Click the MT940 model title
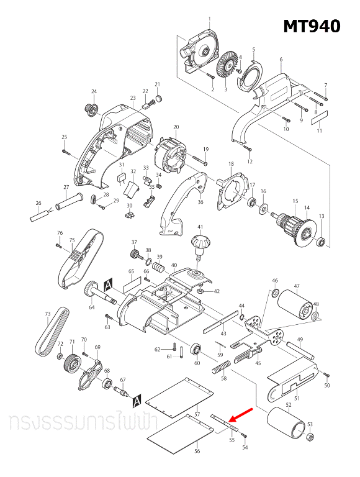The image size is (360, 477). coord(312,27)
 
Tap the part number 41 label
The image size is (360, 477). coord(200,227)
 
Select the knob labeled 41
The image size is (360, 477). coord(200,243)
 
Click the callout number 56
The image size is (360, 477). coord(197,452)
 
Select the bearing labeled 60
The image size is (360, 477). coord(196,350)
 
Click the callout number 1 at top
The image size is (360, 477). coord(210,18)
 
